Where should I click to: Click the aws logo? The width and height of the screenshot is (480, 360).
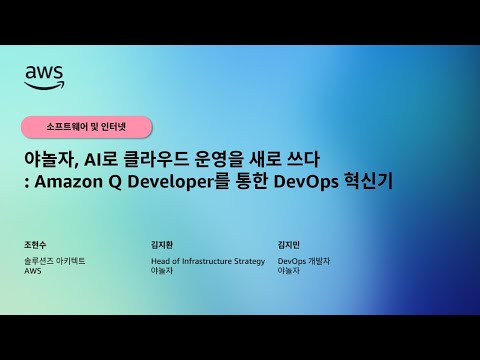tap(44, 75)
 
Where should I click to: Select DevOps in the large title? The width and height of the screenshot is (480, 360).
tap(336, 182)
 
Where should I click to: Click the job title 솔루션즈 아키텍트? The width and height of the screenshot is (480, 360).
tap(54, 261)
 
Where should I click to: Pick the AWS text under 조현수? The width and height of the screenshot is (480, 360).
tap(33, 271)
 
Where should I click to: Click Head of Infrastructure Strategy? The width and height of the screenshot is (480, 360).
tap(207, 261)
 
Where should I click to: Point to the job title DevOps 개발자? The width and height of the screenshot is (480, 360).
tap(303, 261)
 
